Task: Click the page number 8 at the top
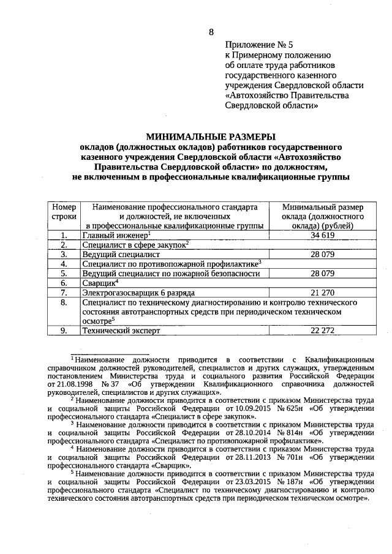[211, 32]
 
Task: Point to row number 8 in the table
[64, 302]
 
